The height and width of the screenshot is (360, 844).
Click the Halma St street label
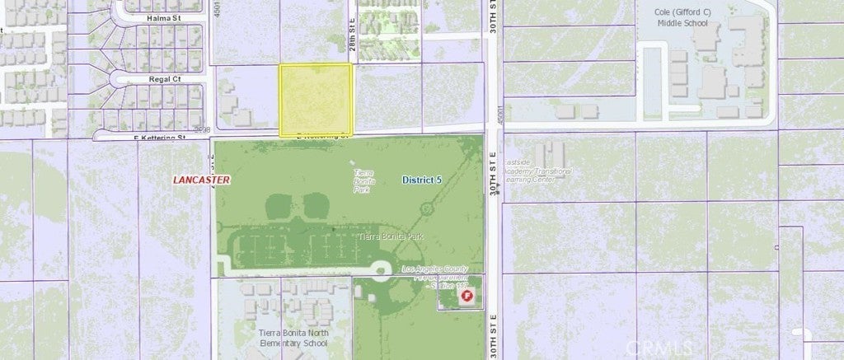point(152,16)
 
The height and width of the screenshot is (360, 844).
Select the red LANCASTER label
point(201,179)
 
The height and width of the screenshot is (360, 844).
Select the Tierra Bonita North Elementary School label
point(293,338)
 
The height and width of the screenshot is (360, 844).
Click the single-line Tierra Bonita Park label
point(392,237)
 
